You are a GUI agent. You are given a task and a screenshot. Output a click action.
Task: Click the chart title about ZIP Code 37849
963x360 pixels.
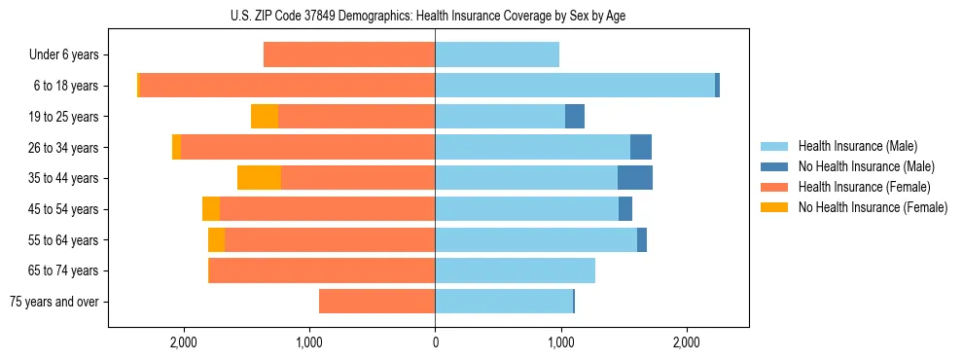[435, 16]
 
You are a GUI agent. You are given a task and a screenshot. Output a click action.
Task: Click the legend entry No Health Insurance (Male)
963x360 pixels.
[858, 166]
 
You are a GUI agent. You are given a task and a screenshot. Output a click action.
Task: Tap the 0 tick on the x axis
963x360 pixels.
[435, 342]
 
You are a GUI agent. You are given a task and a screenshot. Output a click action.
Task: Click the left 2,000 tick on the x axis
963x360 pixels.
[184, 342]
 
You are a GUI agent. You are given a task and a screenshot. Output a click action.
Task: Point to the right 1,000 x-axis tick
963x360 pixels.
[560, 342]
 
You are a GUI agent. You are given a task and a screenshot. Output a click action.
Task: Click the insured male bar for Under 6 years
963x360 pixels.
[497, 55]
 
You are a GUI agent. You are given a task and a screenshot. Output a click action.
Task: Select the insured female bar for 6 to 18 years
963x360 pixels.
[287, 86]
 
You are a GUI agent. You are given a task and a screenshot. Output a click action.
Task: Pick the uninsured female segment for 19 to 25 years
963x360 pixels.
[265, 117]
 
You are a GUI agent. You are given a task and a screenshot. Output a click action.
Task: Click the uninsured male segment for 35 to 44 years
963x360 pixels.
[635, 178]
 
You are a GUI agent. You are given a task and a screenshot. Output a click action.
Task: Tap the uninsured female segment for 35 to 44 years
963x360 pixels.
[259, 178]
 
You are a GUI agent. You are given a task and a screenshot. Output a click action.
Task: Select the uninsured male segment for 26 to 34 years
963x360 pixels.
[641, 147]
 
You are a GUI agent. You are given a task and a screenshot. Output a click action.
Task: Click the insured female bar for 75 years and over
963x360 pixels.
[376, 302]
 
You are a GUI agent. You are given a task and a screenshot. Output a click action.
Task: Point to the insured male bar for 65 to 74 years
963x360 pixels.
[515, 270]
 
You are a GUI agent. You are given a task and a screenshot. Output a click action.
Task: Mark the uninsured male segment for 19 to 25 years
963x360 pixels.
[575, 117]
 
